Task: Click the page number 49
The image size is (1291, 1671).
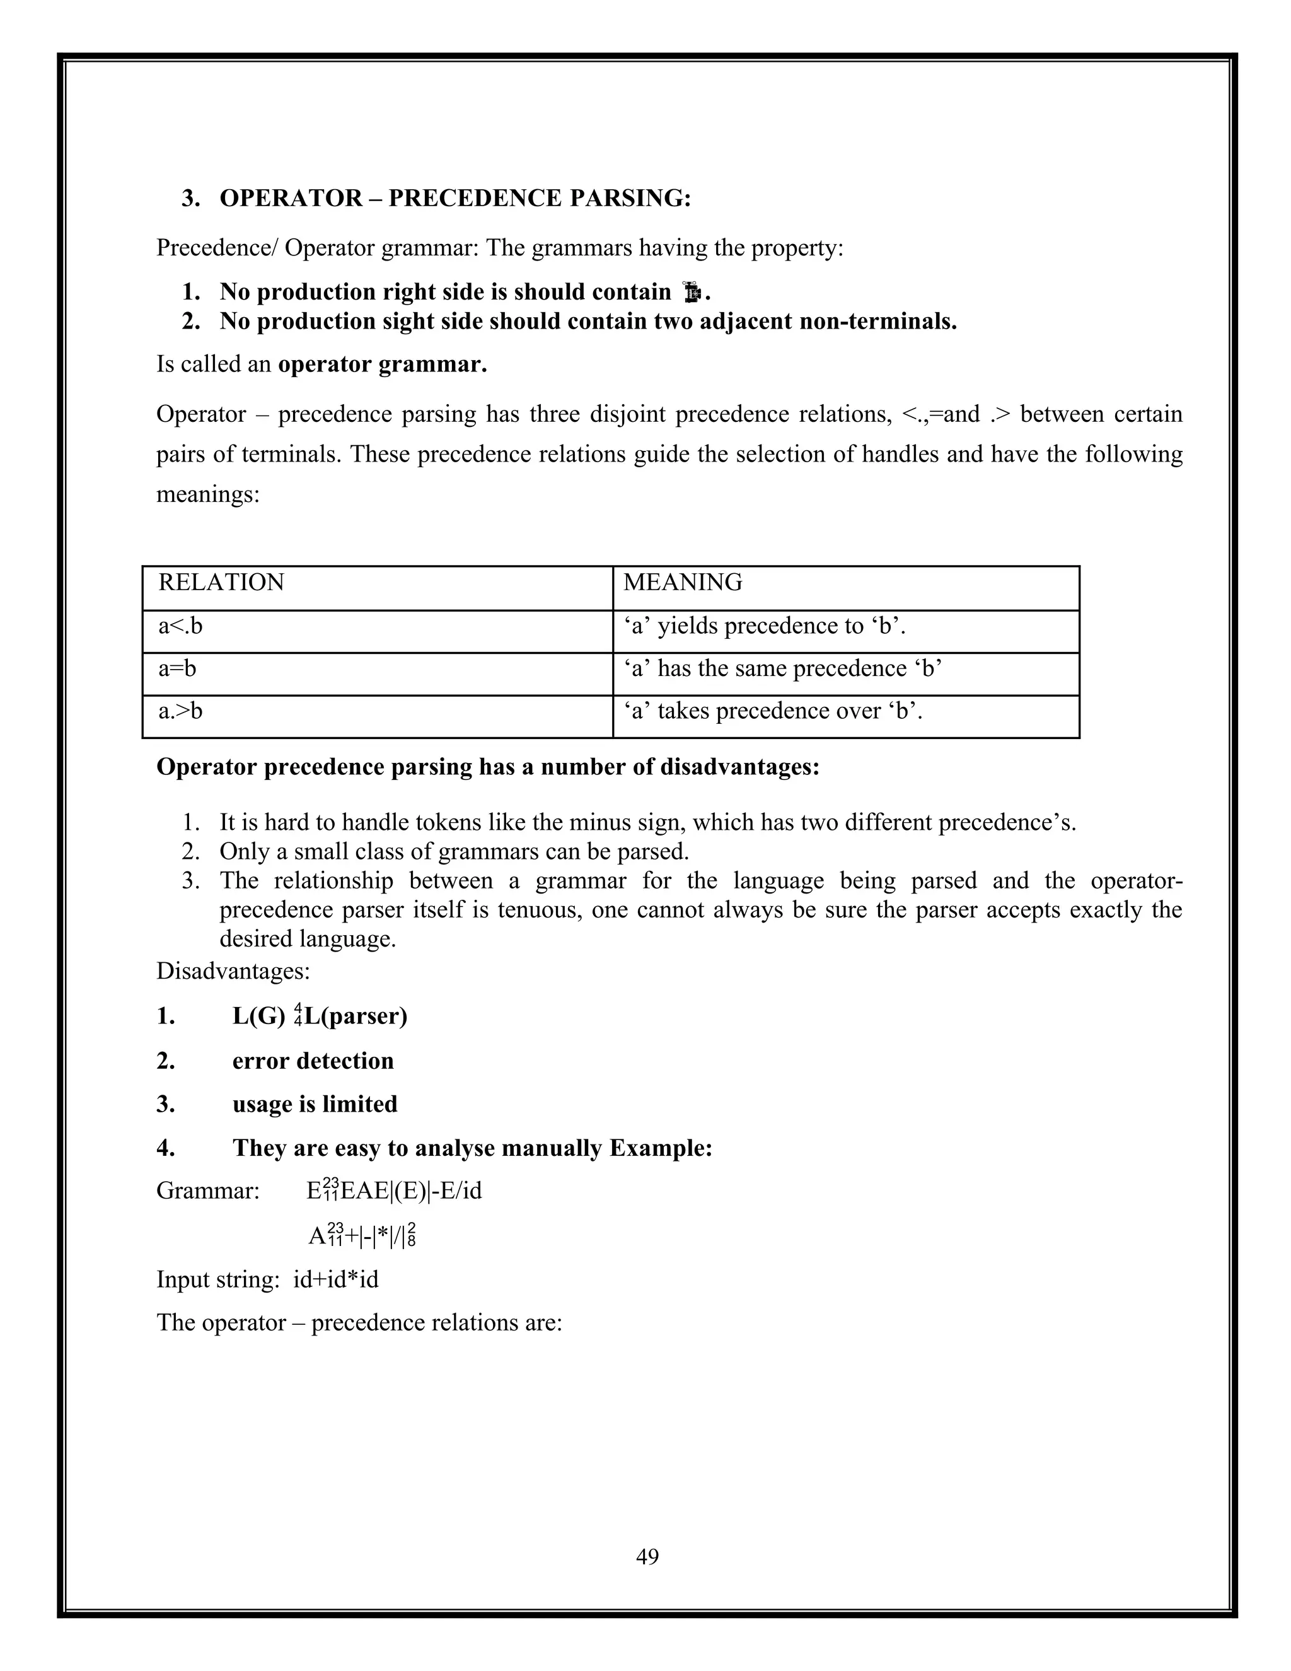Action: tap(646, 1556)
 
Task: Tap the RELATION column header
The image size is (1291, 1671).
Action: tap(221, 582)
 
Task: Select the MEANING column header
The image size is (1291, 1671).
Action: tap(682, 582)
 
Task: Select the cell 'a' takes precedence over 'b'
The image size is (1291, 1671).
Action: tap(772, 711)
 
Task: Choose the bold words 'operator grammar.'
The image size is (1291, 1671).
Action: tap(383, 364)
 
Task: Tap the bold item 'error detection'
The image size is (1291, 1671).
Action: tap(313, 1061)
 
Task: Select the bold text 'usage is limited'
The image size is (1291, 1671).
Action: tap(315, 1104)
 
